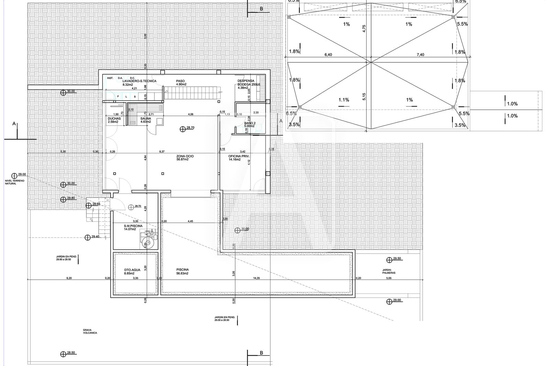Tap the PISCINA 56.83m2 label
[x=182, y=272]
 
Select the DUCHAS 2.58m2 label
[x=114, y=120]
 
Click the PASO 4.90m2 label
[x=181, y=82]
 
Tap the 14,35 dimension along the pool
[x=256, y=278]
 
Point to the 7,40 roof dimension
[x=420, y=55]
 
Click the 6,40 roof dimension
[x=328, y=55]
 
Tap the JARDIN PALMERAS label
[x=389, y=271]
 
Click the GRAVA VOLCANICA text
[x=90, y=331]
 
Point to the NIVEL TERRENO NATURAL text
[x=14, y=182]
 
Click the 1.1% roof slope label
[x=344, y=100]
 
